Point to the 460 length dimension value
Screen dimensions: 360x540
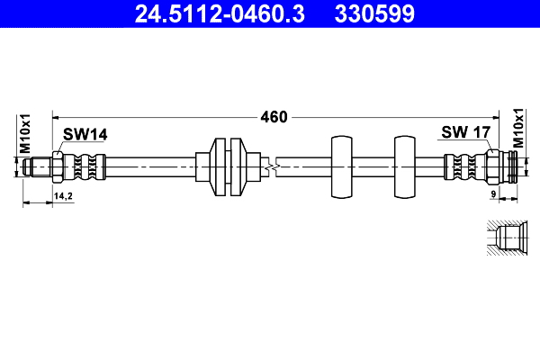pos(274,116)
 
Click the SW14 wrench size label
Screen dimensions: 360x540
pos(85,134)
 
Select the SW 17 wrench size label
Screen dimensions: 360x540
pos(464,132)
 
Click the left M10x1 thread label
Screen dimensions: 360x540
pos(26,132)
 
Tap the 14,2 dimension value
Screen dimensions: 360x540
pos(63,194)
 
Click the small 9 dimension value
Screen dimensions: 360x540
pos(494,194)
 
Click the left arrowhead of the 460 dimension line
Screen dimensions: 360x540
pos(56,116)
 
